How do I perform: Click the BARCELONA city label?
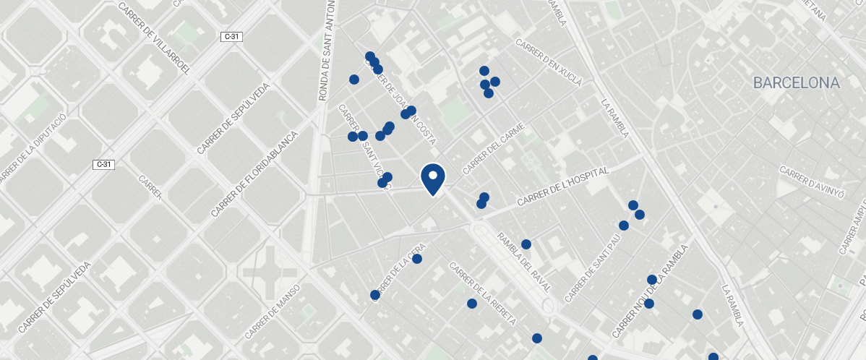(796, 83)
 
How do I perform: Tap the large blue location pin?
(432, 178)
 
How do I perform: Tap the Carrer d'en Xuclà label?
(549, 63)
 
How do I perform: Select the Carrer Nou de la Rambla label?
(650, 291)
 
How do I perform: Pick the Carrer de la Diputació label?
(30, 148)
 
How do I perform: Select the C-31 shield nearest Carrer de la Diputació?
(105, 165)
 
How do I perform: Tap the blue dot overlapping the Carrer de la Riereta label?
(472, 304)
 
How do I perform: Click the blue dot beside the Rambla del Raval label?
(526, 244)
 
